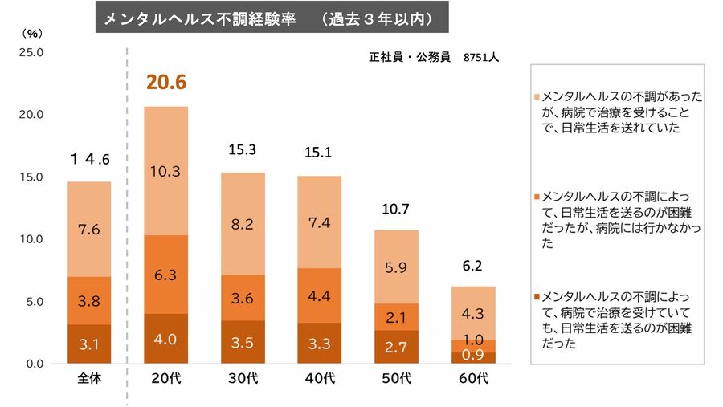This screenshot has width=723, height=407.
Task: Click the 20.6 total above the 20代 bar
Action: tap(165, 81)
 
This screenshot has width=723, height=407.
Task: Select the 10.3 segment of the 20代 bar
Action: tap(165, 171)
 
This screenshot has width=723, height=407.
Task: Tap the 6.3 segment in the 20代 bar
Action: tap(165, 275)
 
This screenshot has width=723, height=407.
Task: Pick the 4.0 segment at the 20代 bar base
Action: tap(165, 338)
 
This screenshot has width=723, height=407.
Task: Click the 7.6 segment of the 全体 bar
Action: tap(89, 230)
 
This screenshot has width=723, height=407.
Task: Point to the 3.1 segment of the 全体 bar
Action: tap(89, 344)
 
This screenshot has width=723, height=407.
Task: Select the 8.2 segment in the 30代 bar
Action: tap(243, 224)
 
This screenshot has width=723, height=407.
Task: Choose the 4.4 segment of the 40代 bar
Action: tap(319, 295)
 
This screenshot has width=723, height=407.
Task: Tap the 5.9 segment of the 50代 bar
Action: tap(396, 267)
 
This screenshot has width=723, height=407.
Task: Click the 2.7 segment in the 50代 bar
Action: tap(396, 347)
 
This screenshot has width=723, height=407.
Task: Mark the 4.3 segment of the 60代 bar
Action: tap(472, 313)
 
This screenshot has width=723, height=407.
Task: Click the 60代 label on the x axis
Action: tap(472, 379)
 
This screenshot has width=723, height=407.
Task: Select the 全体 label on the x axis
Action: tap(89, 379)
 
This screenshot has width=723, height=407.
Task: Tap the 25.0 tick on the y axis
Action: tap(31, 52)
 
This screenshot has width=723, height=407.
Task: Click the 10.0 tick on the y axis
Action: tap(31, 239)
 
